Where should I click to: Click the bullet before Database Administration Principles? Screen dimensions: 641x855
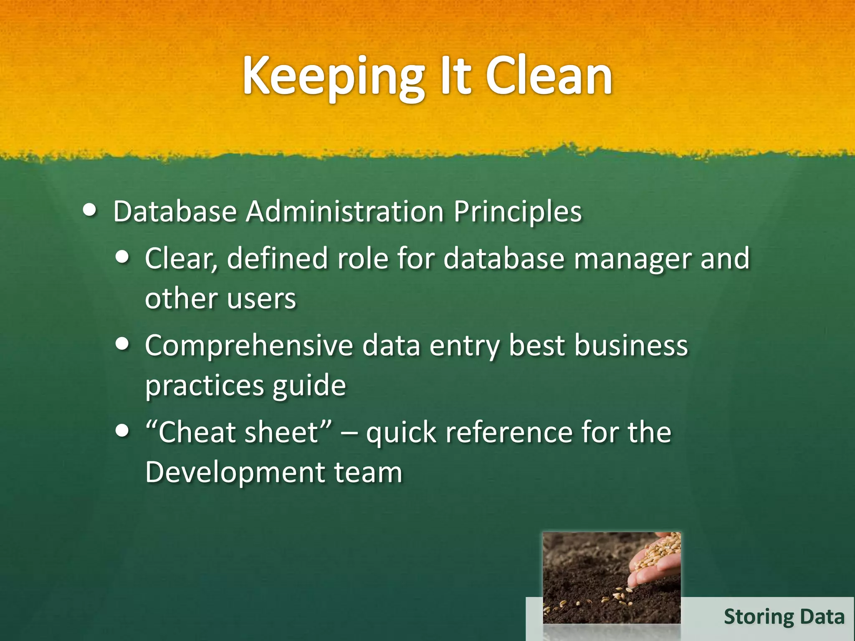point(89,210)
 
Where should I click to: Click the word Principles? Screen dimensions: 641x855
point(517,212)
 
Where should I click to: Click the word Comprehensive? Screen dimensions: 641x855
point(249,346)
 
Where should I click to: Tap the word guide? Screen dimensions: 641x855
point(309,386)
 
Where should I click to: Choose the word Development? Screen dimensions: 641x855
point(235,472)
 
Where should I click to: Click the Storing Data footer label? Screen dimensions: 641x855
point(784,617)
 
